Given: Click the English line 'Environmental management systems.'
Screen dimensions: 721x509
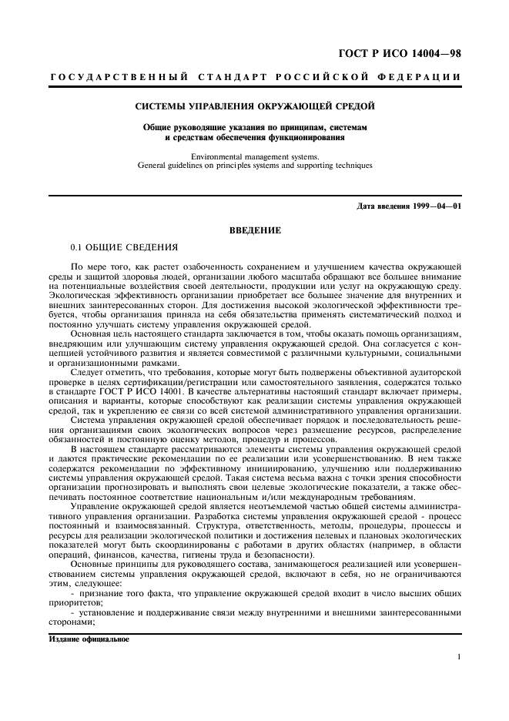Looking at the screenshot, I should tap(255, 156).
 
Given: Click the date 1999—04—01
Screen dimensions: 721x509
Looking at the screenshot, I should tap(437, 206).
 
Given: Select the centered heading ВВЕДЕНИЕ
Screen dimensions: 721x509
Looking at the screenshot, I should tap(255, 230).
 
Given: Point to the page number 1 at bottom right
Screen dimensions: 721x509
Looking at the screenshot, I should tap(458, 657).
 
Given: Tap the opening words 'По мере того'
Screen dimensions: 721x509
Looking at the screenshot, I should tap(96, 267).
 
